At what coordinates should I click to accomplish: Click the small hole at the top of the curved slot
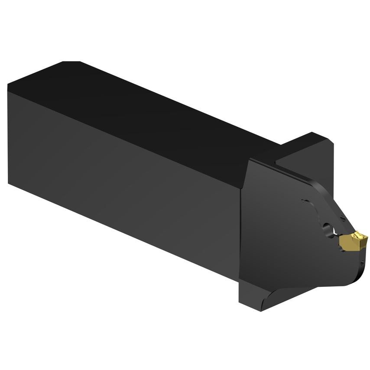(x=303, y=201)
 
